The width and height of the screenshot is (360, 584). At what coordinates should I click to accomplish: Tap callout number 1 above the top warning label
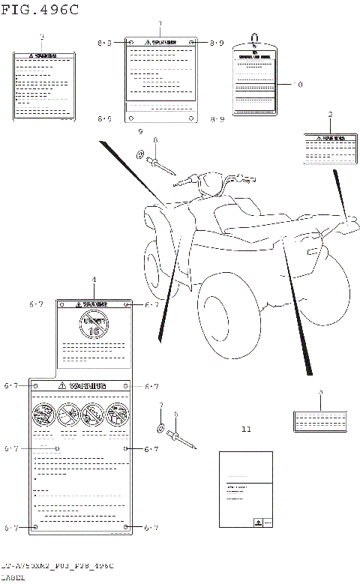160,25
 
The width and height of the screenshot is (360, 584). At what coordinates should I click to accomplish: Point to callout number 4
94,280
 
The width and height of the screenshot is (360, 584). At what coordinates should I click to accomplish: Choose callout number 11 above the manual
246,430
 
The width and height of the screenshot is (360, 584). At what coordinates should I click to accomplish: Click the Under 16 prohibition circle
94,325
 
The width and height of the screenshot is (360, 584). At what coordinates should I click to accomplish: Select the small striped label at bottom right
320,421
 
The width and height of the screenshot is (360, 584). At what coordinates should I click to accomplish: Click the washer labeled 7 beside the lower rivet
161,428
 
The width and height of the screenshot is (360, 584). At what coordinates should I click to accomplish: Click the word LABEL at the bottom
13,577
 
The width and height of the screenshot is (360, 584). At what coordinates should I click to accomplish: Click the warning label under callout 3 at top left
45,85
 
